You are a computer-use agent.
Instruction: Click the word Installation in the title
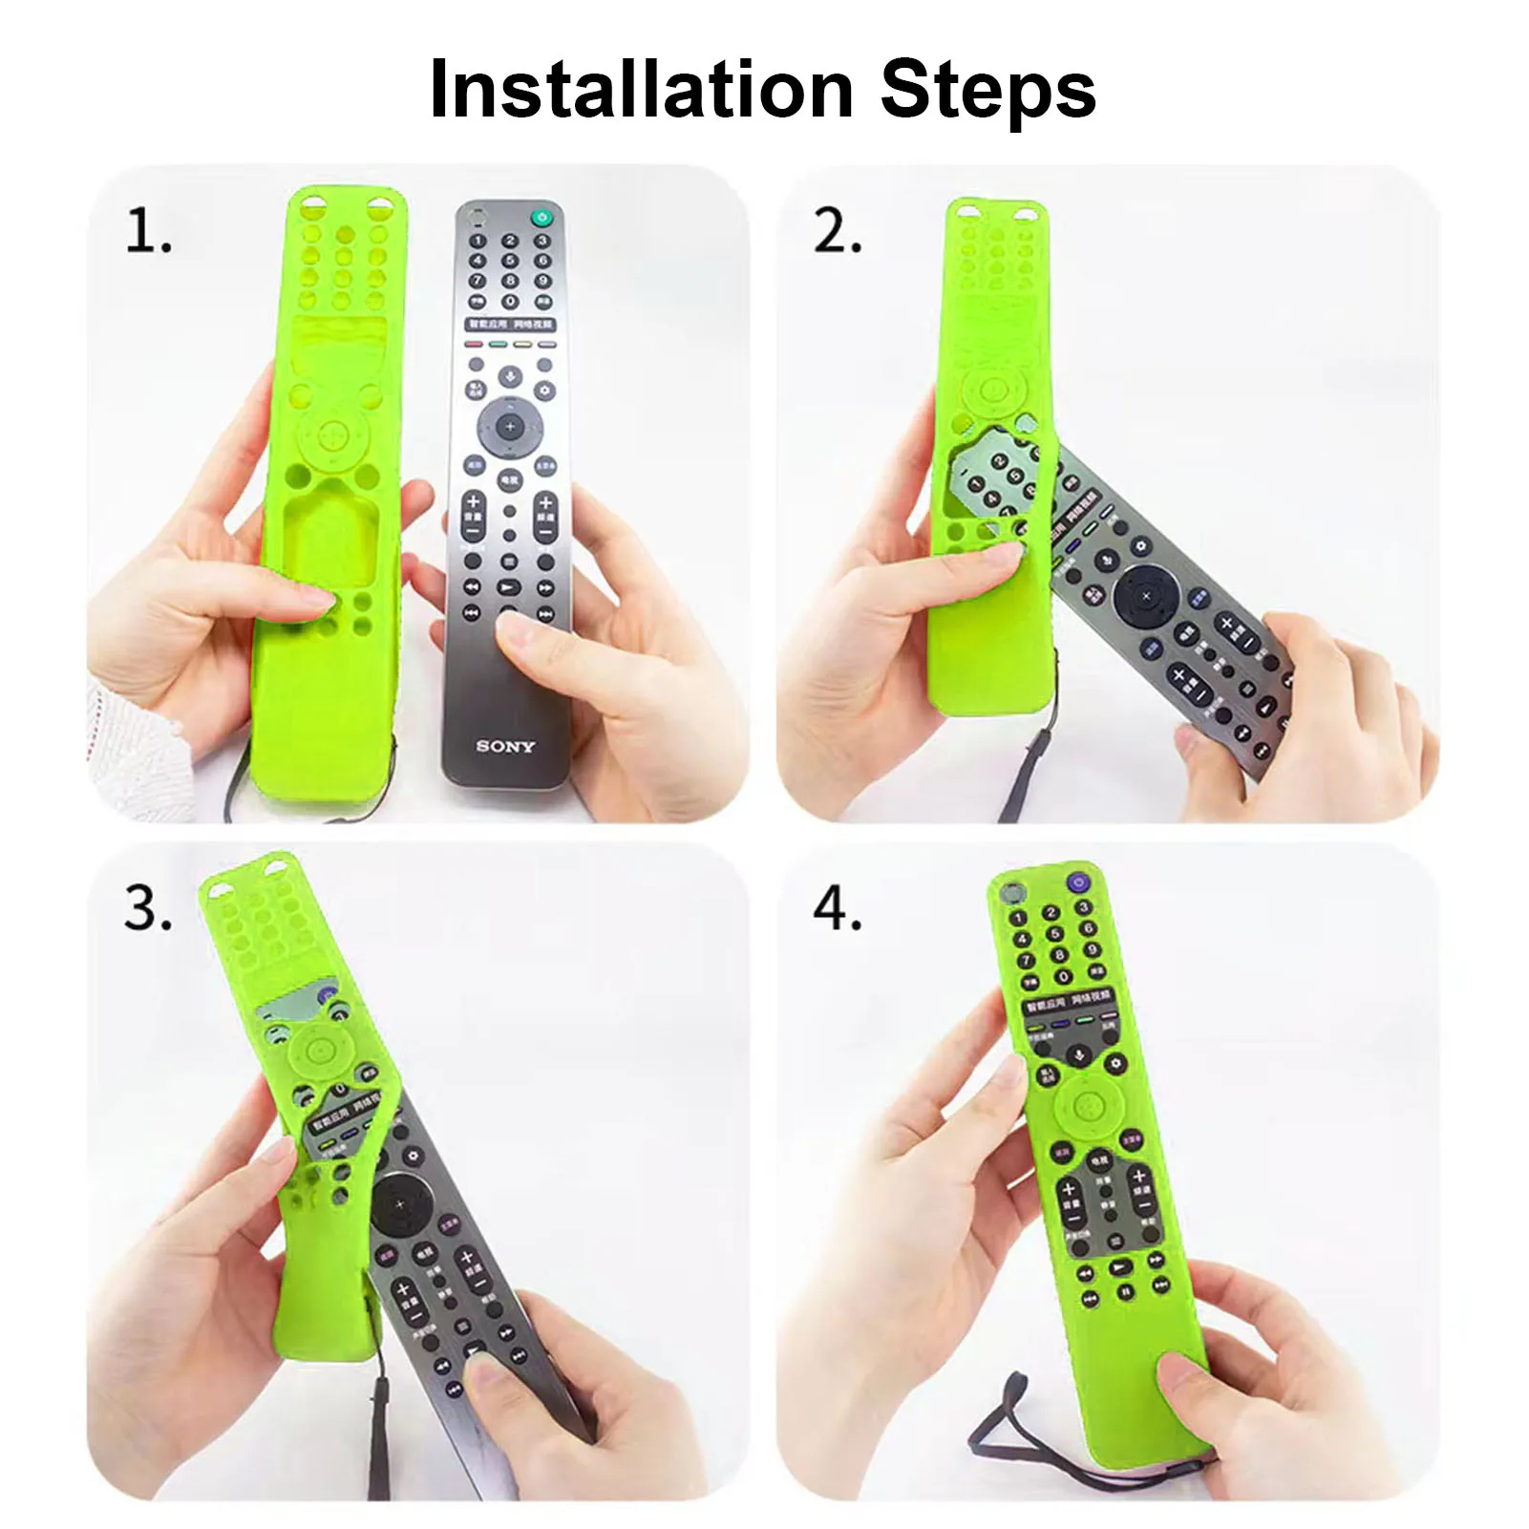[x=641, y=90]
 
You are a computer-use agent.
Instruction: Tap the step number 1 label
[x=148, y=232]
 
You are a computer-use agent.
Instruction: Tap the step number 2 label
[x=837, y=232]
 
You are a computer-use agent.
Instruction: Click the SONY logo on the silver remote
[x=505, y=746]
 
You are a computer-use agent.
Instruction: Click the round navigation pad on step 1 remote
[x=510, y=427]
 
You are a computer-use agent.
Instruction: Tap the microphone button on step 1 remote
[x=510, y=375]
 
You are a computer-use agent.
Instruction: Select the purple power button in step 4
[x=1078, y=882]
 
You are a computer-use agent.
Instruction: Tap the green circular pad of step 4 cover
[x=1089, y=1108]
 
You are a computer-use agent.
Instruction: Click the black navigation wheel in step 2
[x=1146, y=596]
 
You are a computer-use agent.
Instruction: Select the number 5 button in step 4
[x=1053, y=934]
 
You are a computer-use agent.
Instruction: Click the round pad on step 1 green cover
[x=331, y=437]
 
